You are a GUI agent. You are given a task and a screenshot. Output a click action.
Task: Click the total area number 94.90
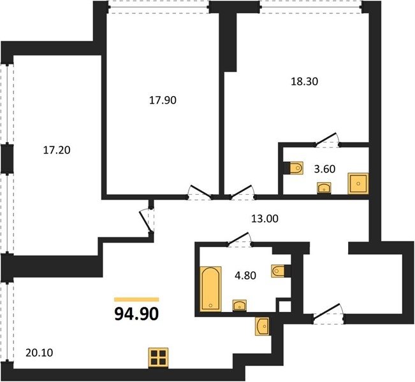pyautogui.click(x=136, y=315)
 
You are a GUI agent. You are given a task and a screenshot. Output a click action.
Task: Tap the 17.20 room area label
pyautogui.click(x=57, y=150)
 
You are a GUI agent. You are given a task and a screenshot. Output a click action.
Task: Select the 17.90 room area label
pyautogui.click(x=163, y=100)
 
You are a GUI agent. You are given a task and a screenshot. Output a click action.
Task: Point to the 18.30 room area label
pyautogui.click(x=304, y=81)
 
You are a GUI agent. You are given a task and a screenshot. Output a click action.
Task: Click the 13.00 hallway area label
pyautogui.click(x=265, y=218)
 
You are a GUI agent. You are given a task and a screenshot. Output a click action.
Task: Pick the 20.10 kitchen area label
pyautogui.click(x=40, y=352)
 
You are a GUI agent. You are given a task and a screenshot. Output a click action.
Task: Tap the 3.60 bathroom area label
pyautogui.click(x=324, y=169)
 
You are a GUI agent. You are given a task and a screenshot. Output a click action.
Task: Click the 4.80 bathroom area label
pyautogui.click(x=245, y=276)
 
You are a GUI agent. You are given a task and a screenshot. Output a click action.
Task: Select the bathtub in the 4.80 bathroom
pyautogui.click(x=210, y=288)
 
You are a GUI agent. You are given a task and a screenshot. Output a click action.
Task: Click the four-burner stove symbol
pyautogui.click(x=158, y=358)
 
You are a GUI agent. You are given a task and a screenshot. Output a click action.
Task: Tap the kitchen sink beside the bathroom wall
pyautogui.click(x=262, y=327)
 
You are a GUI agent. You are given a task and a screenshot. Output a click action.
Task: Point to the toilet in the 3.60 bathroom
pyautogui.click(x=296, y=167)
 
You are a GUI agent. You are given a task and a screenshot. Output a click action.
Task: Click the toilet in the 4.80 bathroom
pyautogui.click(x=278, y=271)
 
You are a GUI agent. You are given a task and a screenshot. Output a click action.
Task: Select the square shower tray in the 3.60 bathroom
pyautogui.click(x=358, y=183)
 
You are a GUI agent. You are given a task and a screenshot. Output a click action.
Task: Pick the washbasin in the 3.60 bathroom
pyautogui.click(x=324, y=188)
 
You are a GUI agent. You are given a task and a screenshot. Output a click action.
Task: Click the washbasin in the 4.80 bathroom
pyautogui.click(x=240, y=306)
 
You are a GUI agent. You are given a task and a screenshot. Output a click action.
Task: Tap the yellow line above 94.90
pyautogui.click(x=136, y=299)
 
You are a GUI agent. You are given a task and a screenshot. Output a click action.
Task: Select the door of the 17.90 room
pyautogui.click(x=200, y=192)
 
